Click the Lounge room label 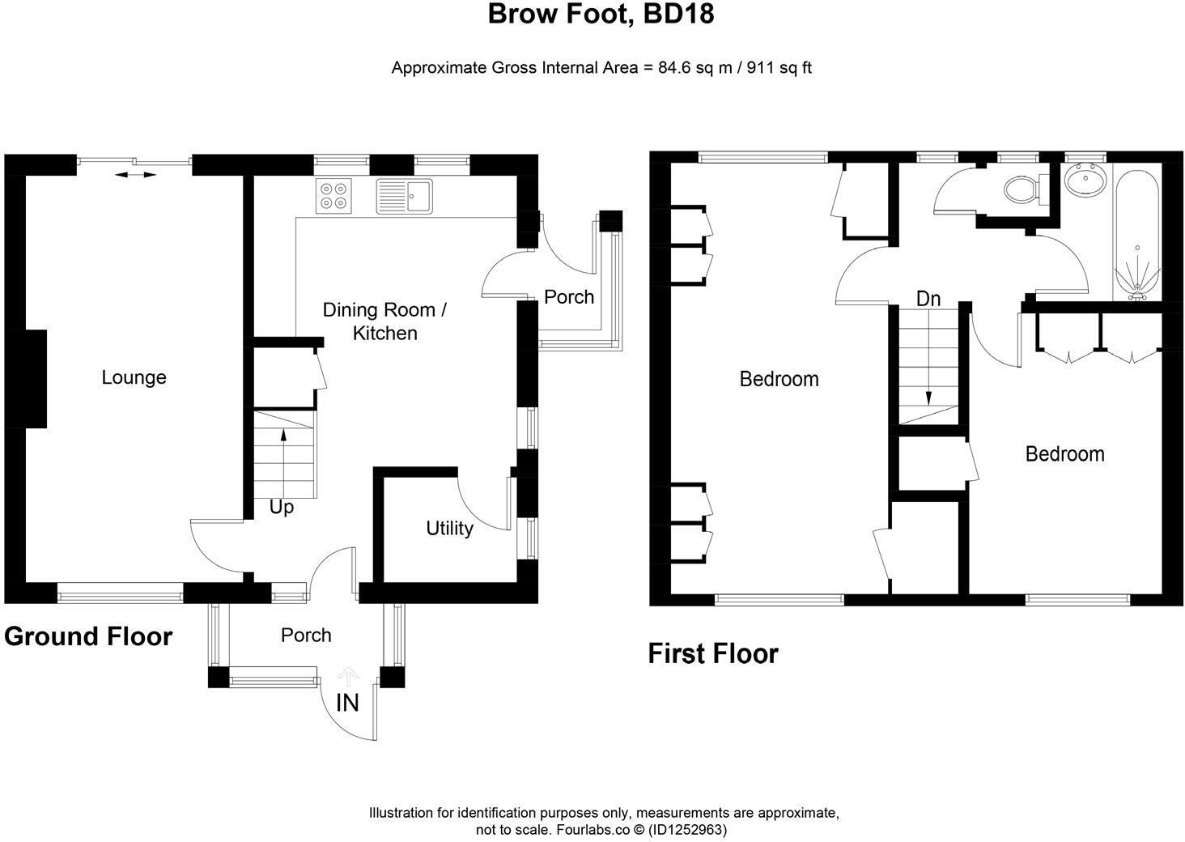(134, 377)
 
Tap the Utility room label (449, 529)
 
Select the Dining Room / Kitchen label (384, 321)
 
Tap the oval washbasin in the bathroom (1083, 181)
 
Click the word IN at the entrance (347, 703)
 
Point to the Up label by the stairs (281, 508)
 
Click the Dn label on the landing (928, 299)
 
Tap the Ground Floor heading (88, 636)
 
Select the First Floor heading (712, 653)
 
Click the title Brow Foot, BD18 (601, 15)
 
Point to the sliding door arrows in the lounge (134, 174)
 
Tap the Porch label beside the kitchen (568, 297)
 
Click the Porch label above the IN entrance (306, 636)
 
